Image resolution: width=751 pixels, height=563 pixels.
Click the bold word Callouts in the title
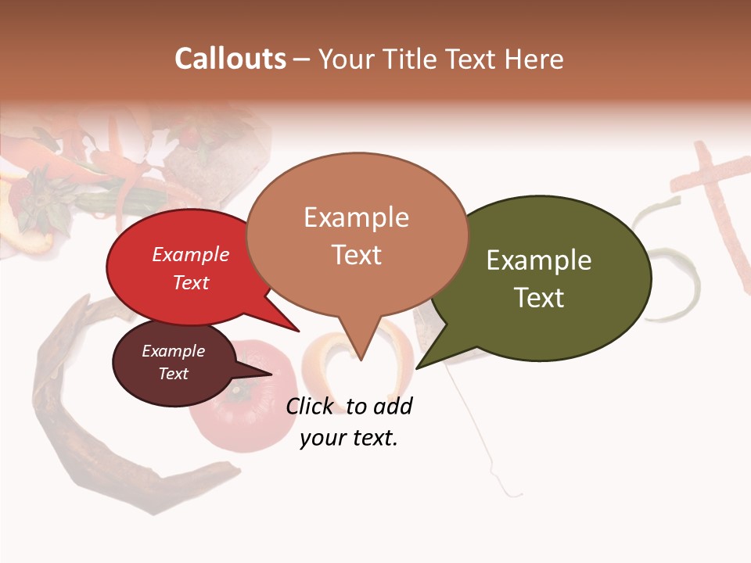[x=230, y=59]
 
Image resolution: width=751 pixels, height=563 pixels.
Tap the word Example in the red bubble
[x=191, y=254]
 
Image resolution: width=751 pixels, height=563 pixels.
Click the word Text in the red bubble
[x=191, y=282]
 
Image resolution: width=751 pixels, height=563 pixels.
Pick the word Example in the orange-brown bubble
[x=356, y=217]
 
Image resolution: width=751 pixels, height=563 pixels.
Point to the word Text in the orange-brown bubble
[x=356, y=255]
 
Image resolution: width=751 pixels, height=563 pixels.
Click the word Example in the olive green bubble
[x=539, y=260]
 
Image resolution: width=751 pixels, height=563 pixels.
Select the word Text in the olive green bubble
[x=539, y=298]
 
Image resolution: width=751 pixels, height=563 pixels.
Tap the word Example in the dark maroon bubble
[x=174, y=351]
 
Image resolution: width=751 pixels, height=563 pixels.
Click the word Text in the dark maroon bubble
[x=174, y=374]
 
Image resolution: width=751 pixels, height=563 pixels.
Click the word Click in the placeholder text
[x=310, y=407]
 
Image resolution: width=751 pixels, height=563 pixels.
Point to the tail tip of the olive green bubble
[x=417, y=368]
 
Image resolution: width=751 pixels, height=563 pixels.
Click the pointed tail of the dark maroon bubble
[x=270, y=374]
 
